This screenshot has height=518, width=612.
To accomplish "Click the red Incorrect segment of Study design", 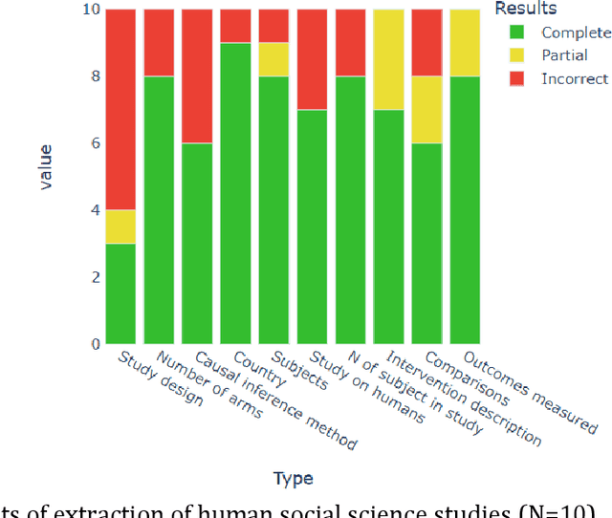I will [120, 109].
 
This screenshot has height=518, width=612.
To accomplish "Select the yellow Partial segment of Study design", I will [120, 227].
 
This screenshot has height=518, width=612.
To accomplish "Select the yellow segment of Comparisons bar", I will [426, 109].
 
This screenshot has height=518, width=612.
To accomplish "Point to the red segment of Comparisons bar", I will [426, 42].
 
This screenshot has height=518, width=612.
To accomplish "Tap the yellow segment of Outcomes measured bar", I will [465, 42].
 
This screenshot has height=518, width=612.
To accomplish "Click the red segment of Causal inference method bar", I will [197, 76].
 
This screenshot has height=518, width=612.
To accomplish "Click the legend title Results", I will [526, 9].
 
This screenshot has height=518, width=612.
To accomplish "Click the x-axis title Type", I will [293, 478].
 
